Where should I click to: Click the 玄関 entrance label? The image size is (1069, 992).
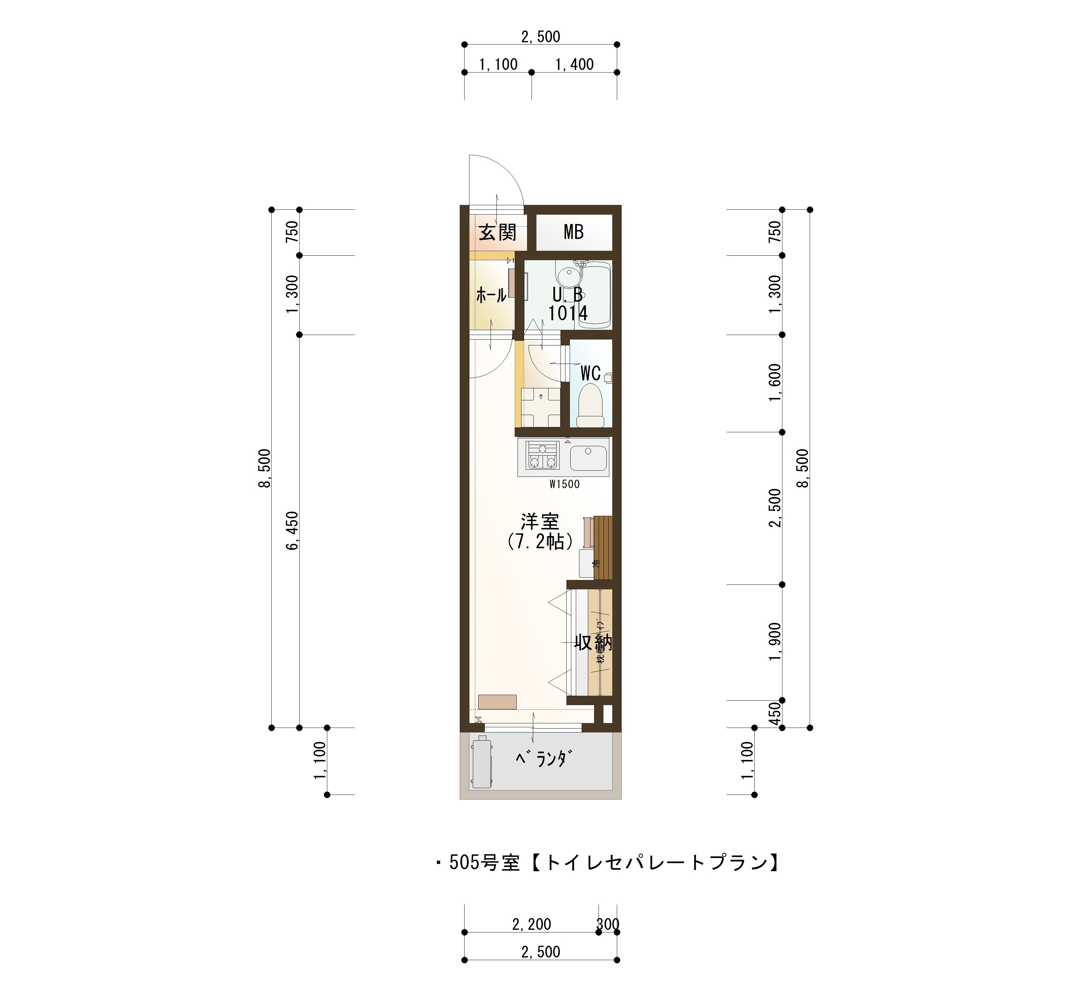[497, 233]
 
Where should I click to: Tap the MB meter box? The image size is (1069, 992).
[574, 233]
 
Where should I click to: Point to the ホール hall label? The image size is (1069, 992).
[491, 295]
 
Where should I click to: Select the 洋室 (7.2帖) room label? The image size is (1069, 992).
[540, 531]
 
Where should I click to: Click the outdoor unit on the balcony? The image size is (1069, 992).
[481, 763]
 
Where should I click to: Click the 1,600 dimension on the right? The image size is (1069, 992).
[775, 382]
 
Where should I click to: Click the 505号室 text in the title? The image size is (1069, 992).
[484, 863]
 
